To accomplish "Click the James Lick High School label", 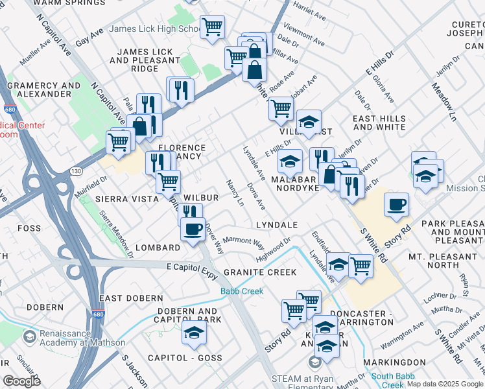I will pyautogui.click(x=155, y=29).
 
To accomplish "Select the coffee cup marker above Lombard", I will pyautogui.click(x=193, y=230).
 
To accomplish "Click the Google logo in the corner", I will pyautogui.click(x=21, y=381).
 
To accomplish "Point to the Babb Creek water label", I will pyautogui.click(x=242, y=291).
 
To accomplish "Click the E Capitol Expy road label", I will pyautogui.click(x=191, y=267).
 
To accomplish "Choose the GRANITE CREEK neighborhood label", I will pyautogui.click(x=259, y=272).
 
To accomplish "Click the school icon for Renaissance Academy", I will pyautogui.click(x=29, y=337).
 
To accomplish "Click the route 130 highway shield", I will pyautogui.click(x=77, y=171).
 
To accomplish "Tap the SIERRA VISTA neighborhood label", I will pyautogui.click(x=123, y=199).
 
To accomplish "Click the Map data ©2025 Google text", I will pyautogui.click(x=445, y=384).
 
